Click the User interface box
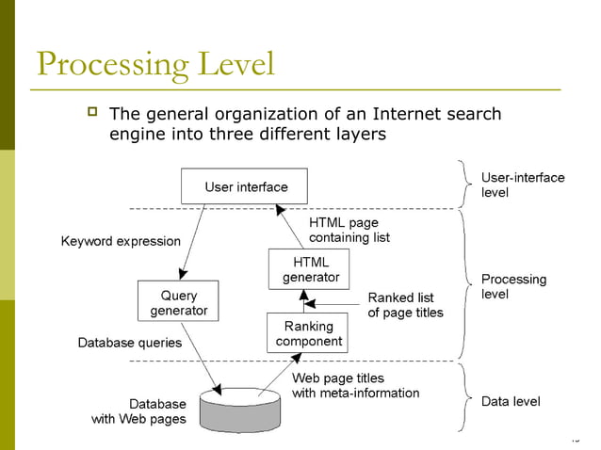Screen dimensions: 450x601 (246, 186)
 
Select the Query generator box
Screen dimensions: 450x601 (178, 302)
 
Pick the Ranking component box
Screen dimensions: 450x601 (308, 333)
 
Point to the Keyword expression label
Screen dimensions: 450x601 (121, 241)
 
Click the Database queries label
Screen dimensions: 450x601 (129, 343)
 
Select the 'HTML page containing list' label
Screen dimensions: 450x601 (349, 230)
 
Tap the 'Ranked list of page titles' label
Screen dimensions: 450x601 (405, 305)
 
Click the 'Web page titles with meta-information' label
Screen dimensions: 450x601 (355, 385)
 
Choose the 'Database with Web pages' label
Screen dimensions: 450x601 (138, 411)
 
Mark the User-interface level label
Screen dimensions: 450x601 (522, 185)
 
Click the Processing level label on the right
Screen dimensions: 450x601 (513, 286)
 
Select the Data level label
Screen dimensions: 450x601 (511, 401)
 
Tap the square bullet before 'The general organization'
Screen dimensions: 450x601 (91, 114)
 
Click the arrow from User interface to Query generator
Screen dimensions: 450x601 (193, 240)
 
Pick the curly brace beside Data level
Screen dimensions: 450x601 (465, 399)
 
